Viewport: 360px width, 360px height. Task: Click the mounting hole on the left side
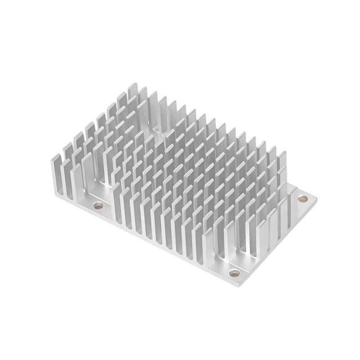[x=98, y=206]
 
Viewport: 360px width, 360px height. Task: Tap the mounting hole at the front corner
[x=234, y=273]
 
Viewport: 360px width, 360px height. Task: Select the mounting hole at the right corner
[x=302, y=198]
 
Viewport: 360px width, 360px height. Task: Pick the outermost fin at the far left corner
[x=56, y=173]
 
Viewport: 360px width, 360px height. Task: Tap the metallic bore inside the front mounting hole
[x=234, y=273]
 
